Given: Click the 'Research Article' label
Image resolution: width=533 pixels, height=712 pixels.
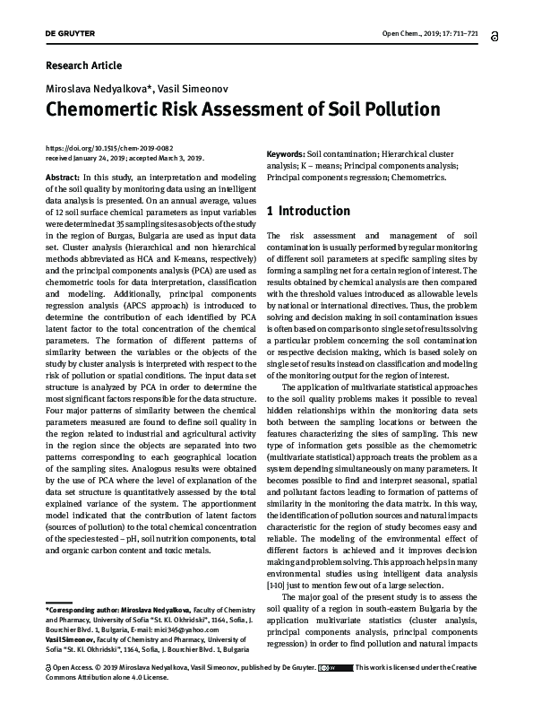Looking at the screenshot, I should [82, 65].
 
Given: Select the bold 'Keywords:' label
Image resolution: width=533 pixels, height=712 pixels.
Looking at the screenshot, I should [286, 154].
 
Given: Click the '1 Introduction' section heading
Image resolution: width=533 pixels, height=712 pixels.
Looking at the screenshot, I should [309, 212].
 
